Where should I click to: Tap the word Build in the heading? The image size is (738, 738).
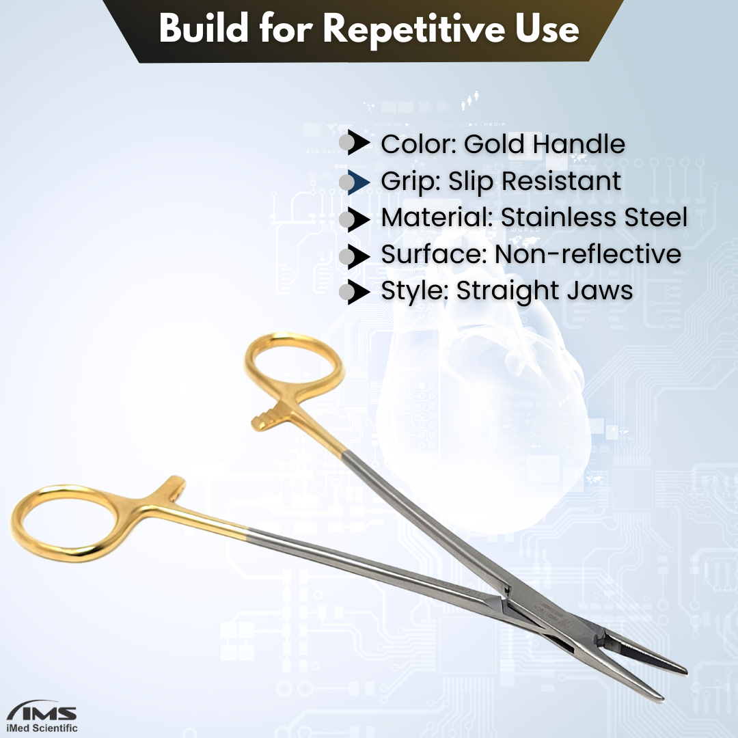pos(204,28)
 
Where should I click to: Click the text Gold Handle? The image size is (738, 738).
pos(545,143)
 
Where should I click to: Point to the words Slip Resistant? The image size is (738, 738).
pos(534,181)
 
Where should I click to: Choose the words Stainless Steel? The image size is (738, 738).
pos(594,217)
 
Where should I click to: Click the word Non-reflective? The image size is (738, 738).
pos(588,254)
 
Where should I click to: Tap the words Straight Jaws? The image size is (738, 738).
pos(545,290)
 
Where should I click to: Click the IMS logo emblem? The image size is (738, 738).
pos(43,710)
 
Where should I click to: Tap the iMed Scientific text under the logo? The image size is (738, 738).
pos(43,728)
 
